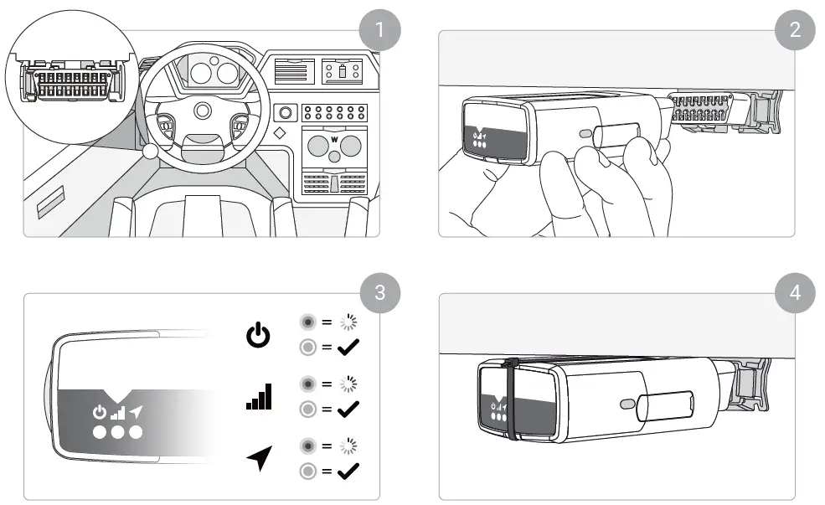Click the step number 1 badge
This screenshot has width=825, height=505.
(379, 31)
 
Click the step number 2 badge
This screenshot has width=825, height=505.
(795, 31)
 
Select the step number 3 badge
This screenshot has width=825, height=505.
(379, 293)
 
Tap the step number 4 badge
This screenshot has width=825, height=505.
(795, 293)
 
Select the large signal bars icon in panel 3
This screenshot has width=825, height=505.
(259, 396)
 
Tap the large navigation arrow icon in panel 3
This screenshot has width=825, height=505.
(259, 457)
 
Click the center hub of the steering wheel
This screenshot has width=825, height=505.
(203, 111)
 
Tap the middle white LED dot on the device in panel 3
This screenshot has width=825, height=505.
(116, 432)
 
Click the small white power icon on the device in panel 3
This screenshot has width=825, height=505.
(100, 412)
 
